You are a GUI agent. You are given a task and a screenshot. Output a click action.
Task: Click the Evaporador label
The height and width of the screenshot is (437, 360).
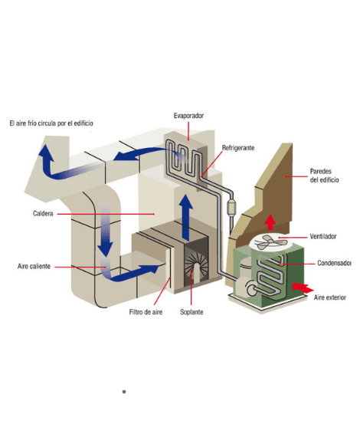point(188,116)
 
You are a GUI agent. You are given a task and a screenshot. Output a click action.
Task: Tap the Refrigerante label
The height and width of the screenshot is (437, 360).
point(238,148)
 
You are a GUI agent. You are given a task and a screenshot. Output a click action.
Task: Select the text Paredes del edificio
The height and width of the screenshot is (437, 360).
point(324,176)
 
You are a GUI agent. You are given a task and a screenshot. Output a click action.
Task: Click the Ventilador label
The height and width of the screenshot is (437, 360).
point(323,236)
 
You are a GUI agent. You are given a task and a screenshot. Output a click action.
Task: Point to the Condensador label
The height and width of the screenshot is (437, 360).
point(334,263)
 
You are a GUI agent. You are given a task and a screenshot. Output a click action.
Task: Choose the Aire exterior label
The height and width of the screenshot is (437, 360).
point(330,297)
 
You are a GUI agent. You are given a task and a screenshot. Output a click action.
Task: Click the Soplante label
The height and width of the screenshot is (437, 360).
point(191,312)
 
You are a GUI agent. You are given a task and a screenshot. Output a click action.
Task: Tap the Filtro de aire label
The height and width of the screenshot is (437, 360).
point(146,312)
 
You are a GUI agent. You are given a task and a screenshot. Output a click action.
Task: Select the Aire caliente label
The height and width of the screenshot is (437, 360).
point(34,266)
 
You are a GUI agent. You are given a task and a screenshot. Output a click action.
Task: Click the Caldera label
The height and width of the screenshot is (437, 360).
point(43,213)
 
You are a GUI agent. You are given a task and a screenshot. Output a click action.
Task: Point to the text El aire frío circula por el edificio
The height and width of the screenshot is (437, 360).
point(51,123)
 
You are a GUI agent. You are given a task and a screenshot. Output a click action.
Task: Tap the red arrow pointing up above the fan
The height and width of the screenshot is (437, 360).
point(270,222)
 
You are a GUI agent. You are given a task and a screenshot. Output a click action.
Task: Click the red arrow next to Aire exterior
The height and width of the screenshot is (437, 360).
point(303,287)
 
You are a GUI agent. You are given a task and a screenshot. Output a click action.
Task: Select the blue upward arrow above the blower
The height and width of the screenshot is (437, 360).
point(185,218)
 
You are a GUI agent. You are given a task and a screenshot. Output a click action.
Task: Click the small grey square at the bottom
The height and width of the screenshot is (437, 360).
point(124,392)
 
